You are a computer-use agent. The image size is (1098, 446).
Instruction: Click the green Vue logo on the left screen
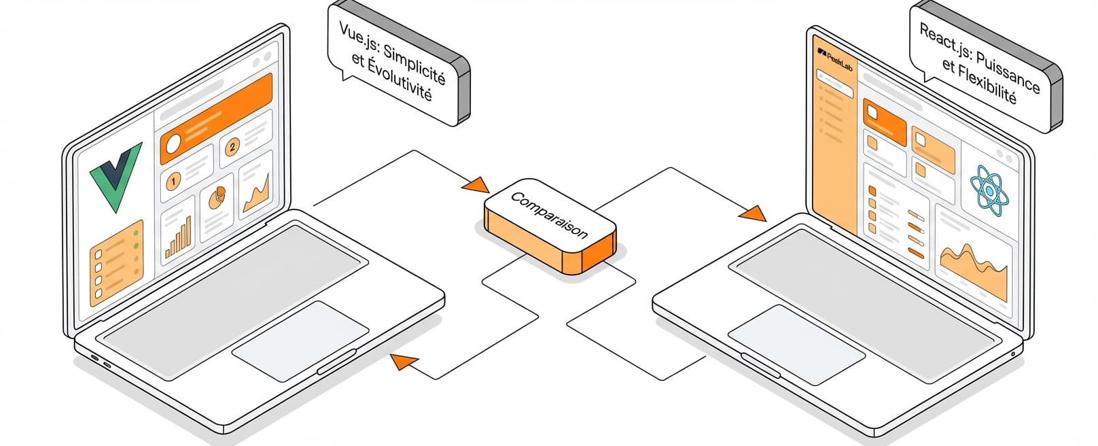point(115,175)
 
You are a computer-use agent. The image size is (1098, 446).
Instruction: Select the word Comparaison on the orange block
point(549,215)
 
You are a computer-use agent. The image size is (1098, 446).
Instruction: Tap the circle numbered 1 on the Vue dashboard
point(173,182)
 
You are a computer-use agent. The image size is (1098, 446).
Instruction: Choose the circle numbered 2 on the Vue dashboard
point(232,147)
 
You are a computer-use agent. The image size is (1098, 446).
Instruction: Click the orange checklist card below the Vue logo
point(116,264)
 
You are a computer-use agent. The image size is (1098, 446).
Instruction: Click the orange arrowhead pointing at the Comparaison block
point(476,185)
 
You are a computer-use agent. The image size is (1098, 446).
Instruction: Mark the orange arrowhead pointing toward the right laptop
point(752,213)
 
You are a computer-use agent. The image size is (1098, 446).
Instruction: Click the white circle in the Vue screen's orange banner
point(173,143)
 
